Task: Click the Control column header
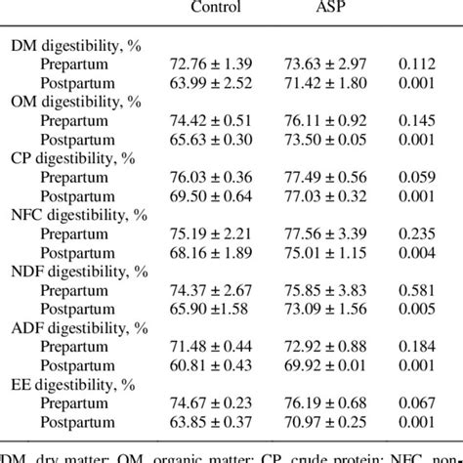[x=216, y=8]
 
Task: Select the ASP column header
[x=331, y=8]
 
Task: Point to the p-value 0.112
[x=427, y=63]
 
